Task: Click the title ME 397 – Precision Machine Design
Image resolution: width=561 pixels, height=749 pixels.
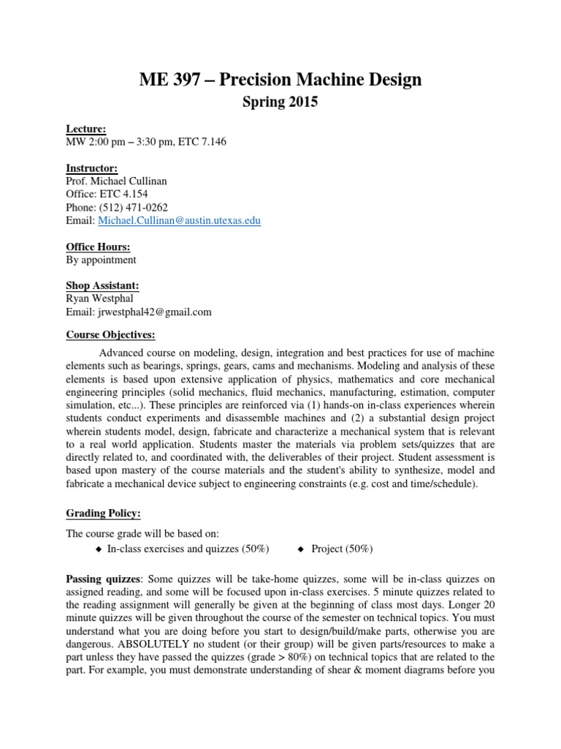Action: [x=280, y=79]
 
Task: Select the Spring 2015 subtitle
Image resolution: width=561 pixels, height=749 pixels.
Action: [x=280, y=103]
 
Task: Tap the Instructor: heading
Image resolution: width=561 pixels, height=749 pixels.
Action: [x=91, y=168]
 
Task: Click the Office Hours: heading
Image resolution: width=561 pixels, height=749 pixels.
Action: [x=99, y=246]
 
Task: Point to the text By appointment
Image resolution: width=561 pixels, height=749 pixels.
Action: [x=101, y=260]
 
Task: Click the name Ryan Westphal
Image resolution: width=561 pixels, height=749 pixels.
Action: [x=103, y=298]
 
